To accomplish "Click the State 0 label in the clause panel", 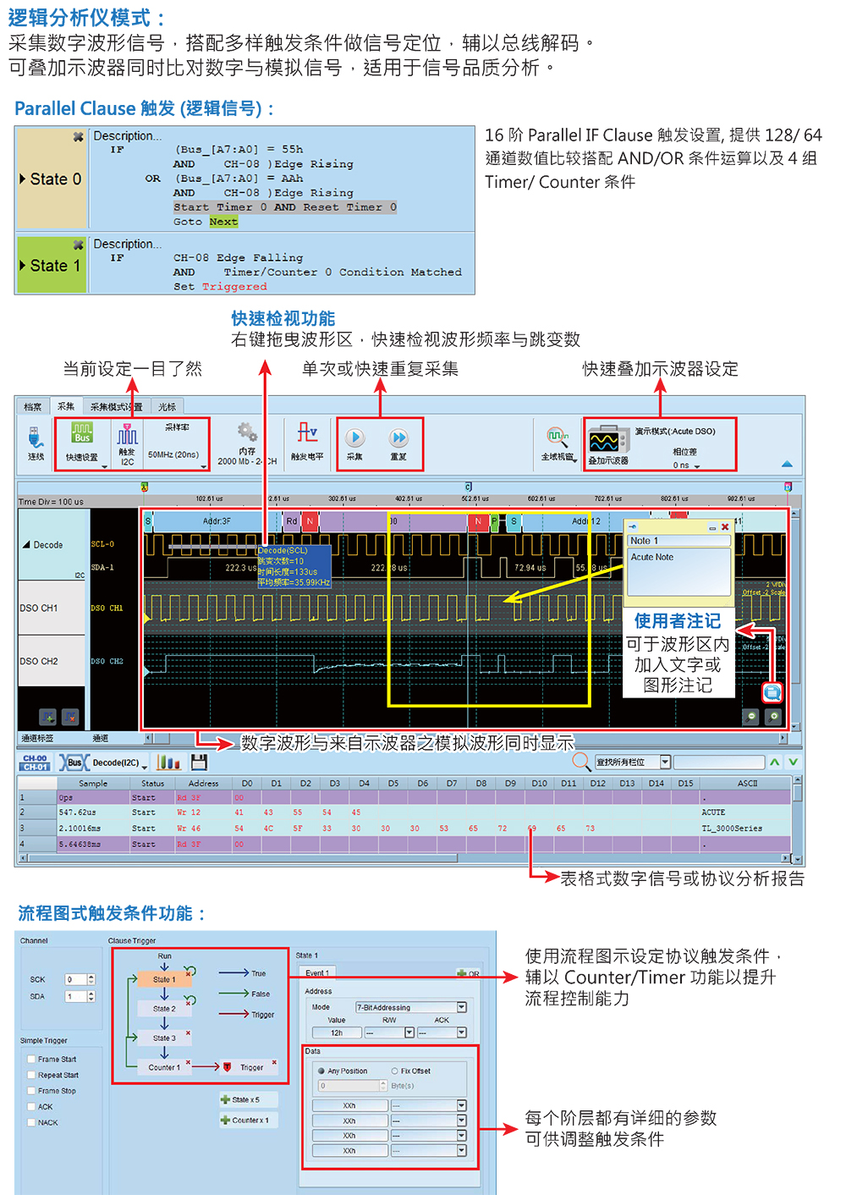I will [54, 179].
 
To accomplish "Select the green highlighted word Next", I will [223, 222].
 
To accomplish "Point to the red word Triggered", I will [234, 287].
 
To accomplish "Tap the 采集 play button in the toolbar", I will [355, 438].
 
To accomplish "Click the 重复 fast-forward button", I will [398, 438].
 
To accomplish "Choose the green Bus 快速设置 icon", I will [82, 434].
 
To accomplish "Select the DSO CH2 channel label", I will [39, 661].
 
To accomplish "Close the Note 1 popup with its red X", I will [725, 527].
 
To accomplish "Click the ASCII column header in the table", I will [747, 784].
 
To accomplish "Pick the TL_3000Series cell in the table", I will [732, 829].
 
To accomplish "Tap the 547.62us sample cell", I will [78, 812].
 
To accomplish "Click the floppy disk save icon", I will [200, 762].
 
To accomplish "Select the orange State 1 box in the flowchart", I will [164, 979].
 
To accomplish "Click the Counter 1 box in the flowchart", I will [164, 1067].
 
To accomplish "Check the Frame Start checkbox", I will [31, 1059].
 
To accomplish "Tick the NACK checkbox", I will [31, 1122].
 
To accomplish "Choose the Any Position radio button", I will [321, 1071].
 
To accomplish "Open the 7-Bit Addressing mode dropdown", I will [462, 1007].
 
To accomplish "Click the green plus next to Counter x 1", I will [225, 1121].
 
